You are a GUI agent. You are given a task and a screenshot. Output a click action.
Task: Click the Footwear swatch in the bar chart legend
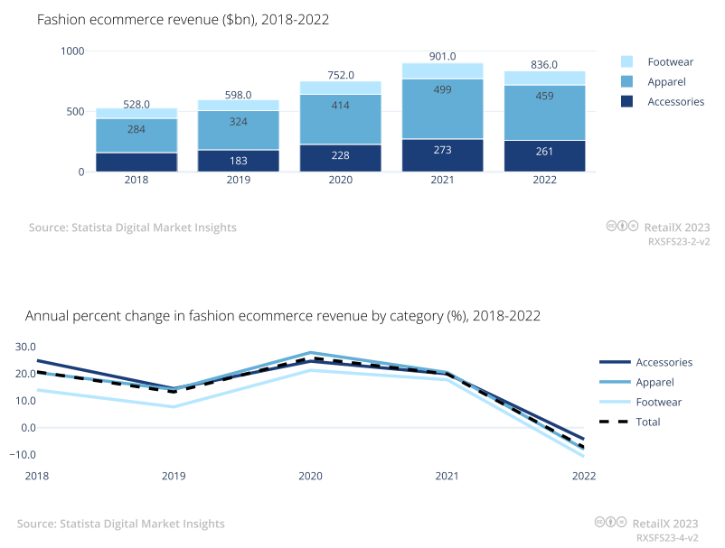pos(626,61)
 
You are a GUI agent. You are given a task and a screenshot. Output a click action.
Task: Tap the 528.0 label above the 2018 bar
pos(137,105)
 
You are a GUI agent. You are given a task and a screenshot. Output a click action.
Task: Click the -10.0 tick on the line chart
pos(22,454)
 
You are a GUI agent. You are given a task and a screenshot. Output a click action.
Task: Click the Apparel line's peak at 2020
pos(311,353)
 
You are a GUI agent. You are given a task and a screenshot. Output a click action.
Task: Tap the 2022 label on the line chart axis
pos(584,476)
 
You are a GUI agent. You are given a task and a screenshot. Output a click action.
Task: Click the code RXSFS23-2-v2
pos(679,242)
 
